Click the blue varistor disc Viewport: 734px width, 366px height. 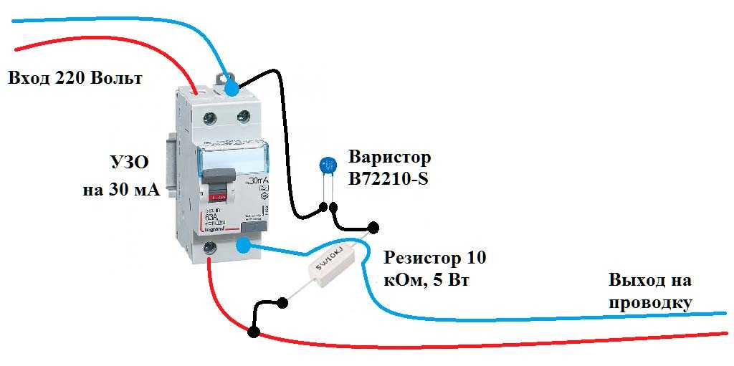tap(329, 166)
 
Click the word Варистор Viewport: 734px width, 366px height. tap(390, 157)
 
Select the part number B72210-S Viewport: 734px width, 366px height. tap(388, 179)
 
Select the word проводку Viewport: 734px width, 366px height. tap(650, 303)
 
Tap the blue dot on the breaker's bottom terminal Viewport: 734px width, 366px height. tap(243, 246)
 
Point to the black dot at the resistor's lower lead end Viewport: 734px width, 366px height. tap(282, 303)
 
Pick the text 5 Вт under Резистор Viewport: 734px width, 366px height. tap(451, 279)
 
